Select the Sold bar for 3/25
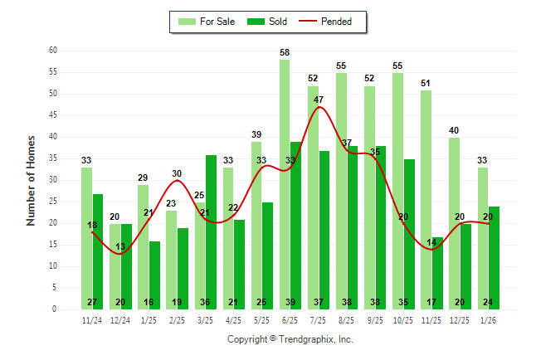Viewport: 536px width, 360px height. click(211, 232)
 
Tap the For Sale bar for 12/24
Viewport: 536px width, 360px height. click(115, 265)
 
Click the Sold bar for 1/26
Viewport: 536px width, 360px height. click(494, 257)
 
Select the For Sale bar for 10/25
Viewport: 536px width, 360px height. click(397, 191)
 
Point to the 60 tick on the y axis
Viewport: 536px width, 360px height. click(52, 50)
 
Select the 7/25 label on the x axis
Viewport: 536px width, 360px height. click(319, 320)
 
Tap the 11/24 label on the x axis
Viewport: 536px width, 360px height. click(92, 320)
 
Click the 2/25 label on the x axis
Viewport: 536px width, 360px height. click(177, 320)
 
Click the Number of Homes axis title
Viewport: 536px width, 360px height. click(31, 180)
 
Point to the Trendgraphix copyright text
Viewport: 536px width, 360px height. click(290, 339)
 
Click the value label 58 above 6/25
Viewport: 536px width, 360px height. click(285, 52)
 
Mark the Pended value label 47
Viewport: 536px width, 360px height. click(319, 100)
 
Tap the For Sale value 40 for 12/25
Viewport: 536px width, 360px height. click(454, 130)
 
